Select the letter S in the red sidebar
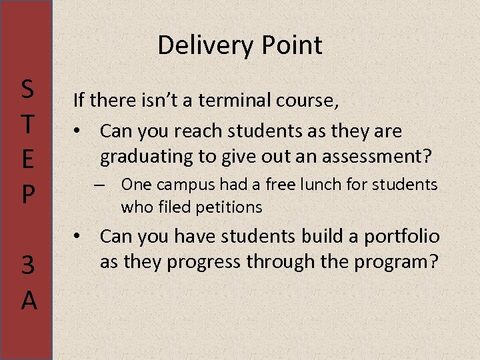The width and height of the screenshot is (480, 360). (x=28, y=88)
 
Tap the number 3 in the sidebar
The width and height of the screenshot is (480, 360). (x=28, y=266)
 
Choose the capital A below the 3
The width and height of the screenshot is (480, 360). (x=28, y=301)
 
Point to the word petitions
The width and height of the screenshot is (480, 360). (x=228, y=207)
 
